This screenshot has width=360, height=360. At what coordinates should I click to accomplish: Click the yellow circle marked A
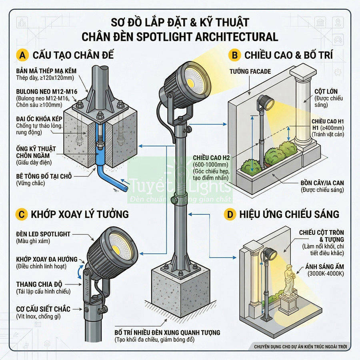[21, 55]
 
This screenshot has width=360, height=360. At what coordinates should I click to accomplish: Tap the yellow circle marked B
[233, 55]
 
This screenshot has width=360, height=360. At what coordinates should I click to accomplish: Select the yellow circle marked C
[21, 214]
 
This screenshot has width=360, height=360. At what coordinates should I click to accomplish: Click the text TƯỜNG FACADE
[250, 72]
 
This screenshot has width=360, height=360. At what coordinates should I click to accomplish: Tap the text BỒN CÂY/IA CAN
[322, 183]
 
